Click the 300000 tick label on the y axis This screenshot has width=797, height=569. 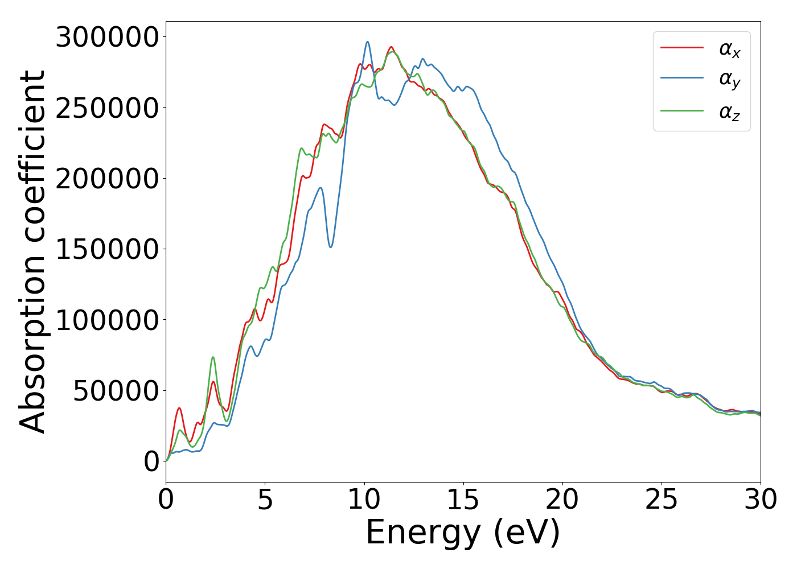tap(106, 38)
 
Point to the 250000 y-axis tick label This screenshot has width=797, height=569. tap(106, 108)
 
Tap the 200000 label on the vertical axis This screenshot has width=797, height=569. tap(106, 179)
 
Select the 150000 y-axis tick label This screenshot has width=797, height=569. tap(106, 250)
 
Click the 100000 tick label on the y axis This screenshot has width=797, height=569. tap(106, 320)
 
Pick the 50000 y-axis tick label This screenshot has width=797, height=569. tap(116, 391)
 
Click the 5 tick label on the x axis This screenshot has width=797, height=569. tap(265, 500)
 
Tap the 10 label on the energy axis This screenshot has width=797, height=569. tap(364, 500)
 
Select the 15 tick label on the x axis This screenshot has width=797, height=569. tap(463, 500)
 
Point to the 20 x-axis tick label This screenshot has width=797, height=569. tap(562, 500)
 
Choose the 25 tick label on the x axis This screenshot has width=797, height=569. tap(662, 500)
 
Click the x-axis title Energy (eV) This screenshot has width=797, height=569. tap(463, 533)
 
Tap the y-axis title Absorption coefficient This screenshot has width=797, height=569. tap(32, 251)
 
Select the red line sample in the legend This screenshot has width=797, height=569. tap(681, 48)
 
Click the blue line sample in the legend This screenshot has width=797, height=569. tap(681, 79)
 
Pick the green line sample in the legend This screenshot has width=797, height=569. tap(681, 110)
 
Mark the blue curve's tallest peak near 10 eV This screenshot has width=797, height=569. tap(368, 42)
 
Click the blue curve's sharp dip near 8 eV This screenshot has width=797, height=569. tap(331, 246)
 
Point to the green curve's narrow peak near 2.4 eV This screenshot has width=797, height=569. tap(213, 357)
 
